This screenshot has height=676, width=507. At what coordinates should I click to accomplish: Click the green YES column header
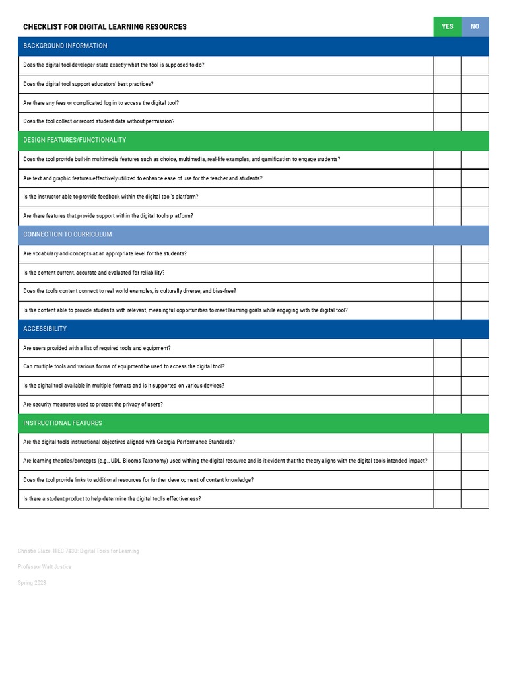[x=448, y=27]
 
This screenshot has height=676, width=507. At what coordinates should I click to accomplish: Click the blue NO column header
[x=475, y=27]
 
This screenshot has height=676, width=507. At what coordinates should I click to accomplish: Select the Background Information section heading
[x=65, y=46]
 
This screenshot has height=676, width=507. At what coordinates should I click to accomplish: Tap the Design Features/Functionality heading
[x=75, y=141]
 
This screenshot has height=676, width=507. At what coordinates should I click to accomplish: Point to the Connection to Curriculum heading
[x=67, y=235]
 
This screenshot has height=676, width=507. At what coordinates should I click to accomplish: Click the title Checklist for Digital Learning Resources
[x=105, y=27]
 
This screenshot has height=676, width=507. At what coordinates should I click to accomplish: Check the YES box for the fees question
[x=448, y=103]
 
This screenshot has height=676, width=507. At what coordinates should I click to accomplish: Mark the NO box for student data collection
[x=475, y=122]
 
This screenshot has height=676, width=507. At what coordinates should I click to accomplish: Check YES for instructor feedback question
[x=448, y=197]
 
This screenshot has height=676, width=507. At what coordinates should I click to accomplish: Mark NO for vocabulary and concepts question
[x=475, y=254]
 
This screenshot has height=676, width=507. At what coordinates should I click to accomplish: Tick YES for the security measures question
[x=448, y=405]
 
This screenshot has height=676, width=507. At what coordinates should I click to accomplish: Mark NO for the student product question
[x=475, y=499]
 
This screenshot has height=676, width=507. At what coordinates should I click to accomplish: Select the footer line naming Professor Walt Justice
[x=44, y=567]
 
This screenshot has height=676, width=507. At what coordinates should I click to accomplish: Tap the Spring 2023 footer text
[x=32, y=583]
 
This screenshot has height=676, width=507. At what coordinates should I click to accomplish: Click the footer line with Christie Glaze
[x=79, y=551]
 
